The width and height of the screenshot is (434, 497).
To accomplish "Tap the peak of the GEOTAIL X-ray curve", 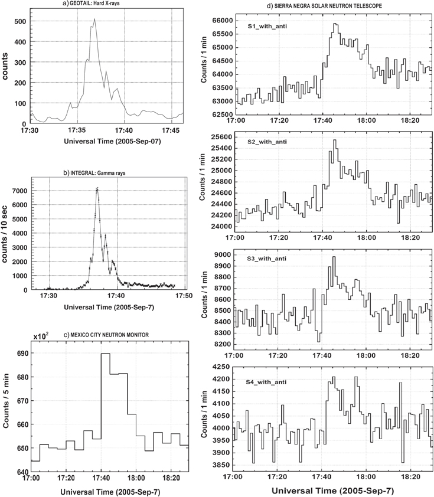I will (x=94, y=18).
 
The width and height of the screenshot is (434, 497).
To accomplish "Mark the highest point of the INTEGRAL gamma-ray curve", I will (x=97, y=188).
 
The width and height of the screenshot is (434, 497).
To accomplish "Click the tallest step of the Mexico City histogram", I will (x=106, y=354).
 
